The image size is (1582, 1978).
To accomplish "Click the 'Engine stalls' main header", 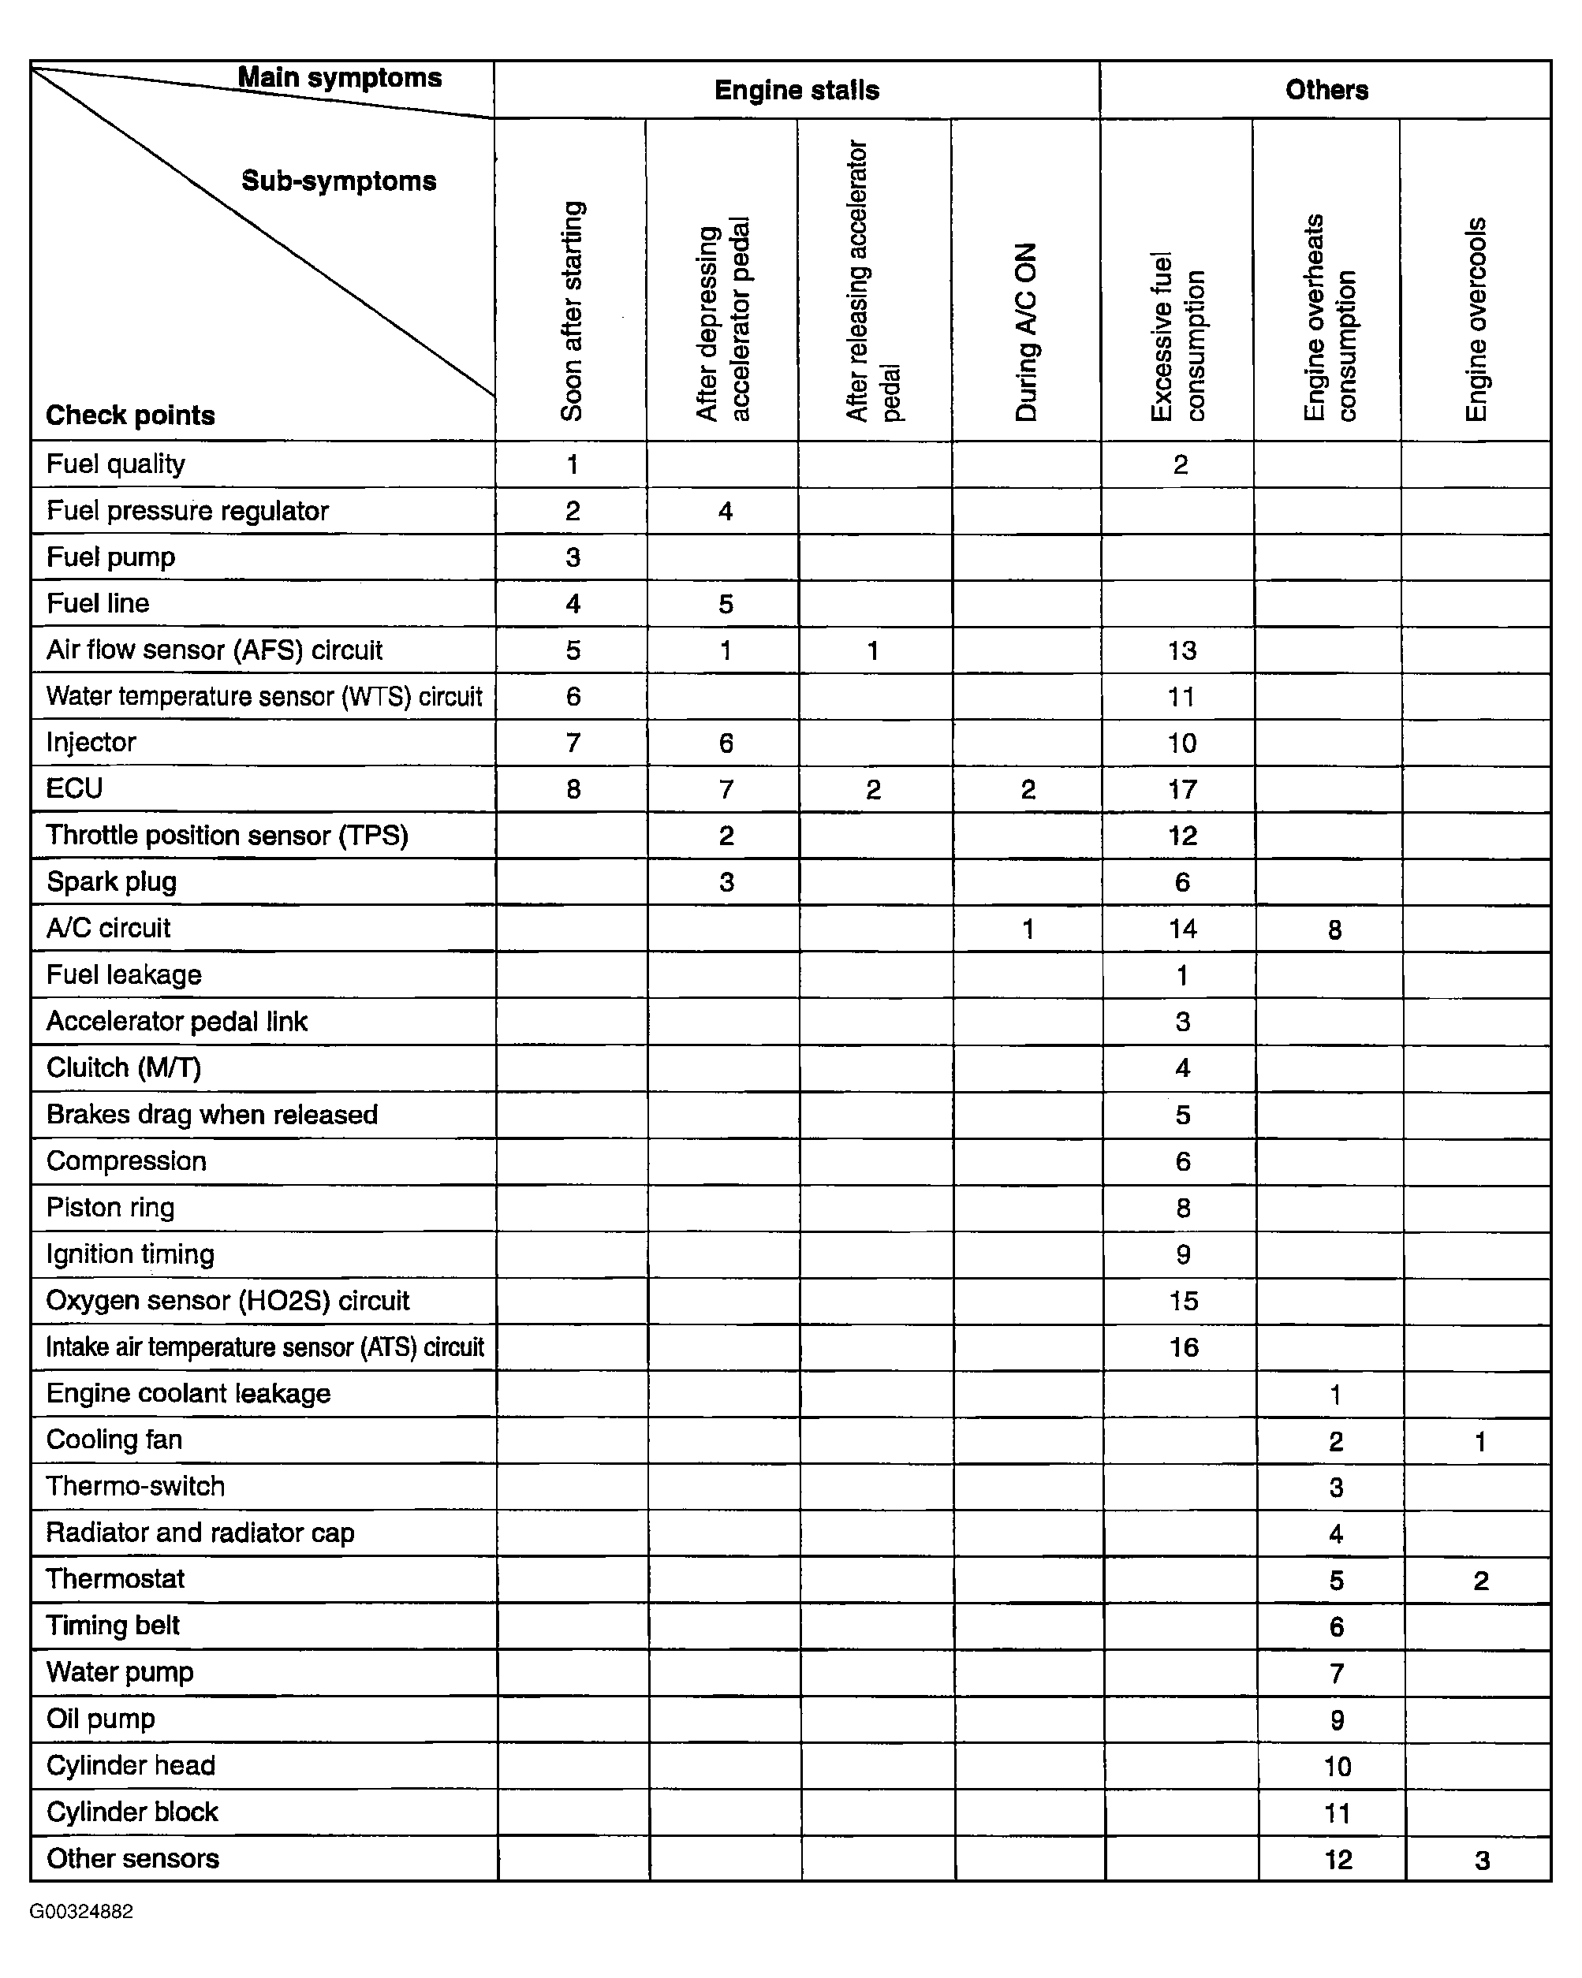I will point(797,90).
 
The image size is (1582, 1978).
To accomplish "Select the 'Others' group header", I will point(1326,90).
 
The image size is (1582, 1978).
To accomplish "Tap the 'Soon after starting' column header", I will point(572,311).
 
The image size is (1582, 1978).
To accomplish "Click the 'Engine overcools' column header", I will point(1476,319).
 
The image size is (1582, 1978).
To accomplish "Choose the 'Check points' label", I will point(130,415).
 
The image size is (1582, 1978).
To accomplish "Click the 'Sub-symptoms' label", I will point(338,181).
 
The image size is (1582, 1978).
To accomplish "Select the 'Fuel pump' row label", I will point(111,557).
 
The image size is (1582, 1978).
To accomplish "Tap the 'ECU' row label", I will point(74,788).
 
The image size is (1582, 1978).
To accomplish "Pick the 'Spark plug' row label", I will point(111,881).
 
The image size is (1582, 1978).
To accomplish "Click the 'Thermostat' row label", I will point(116,1579).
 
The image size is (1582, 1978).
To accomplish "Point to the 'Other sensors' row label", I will point(133,1858).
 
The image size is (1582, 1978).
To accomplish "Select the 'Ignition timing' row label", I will point(130,1254).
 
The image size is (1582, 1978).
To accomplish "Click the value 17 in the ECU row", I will point(1182,789).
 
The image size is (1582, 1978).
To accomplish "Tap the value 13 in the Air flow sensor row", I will point(1182,650).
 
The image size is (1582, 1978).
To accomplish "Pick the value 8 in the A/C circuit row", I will point(1335,930).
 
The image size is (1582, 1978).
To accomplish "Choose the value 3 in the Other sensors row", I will point(1482,1860).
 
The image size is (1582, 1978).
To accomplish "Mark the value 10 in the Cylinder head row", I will point(1337,1766).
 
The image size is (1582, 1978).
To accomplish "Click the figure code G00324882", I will point(82,1912).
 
